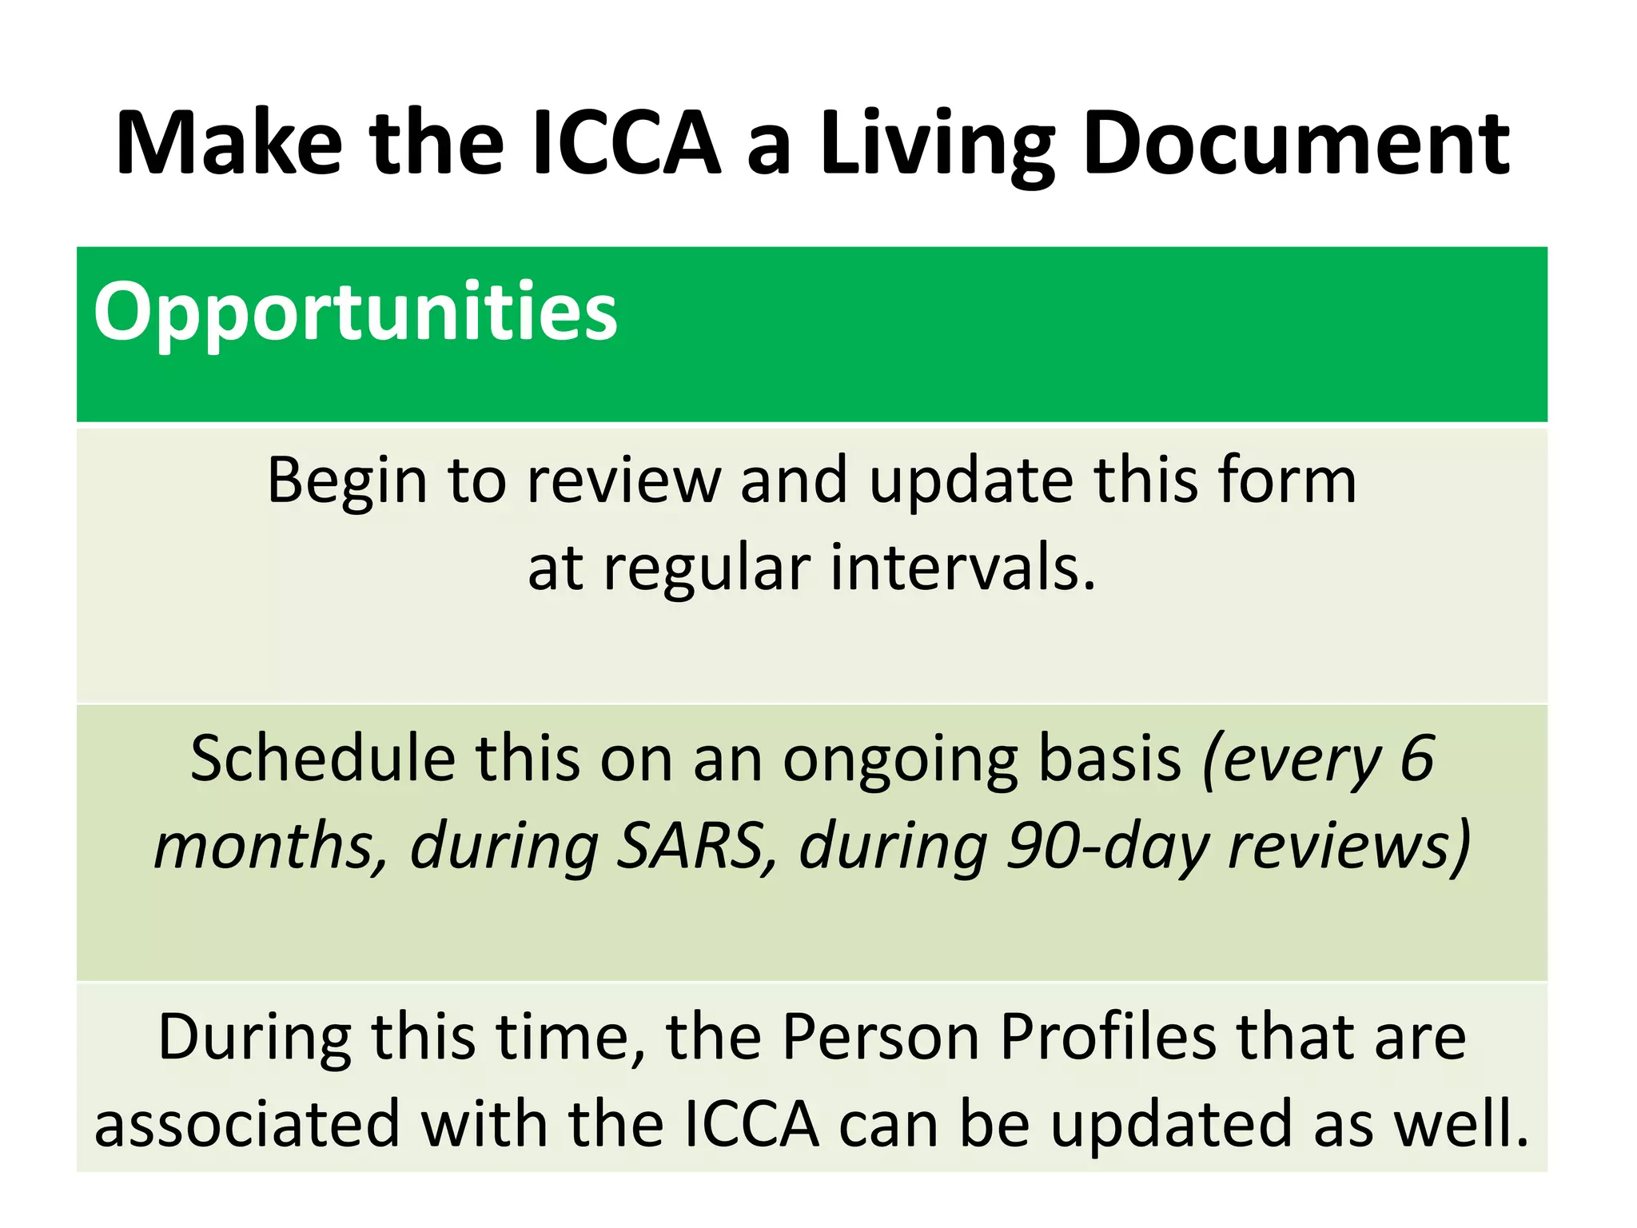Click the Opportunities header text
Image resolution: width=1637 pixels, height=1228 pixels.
356,311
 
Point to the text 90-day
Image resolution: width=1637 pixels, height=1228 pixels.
1107,847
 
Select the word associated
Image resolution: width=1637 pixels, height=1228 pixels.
247,1123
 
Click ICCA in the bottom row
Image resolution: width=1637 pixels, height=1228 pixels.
752,1123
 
